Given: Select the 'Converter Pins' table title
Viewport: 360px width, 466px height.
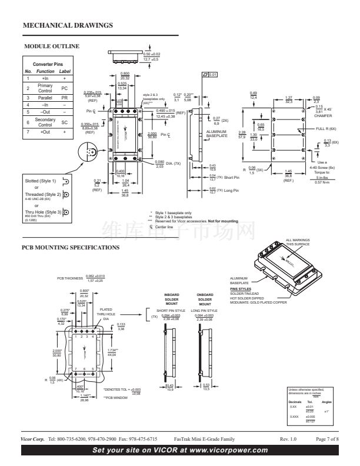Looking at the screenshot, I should pyautogui.click(x=48, y=63).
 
